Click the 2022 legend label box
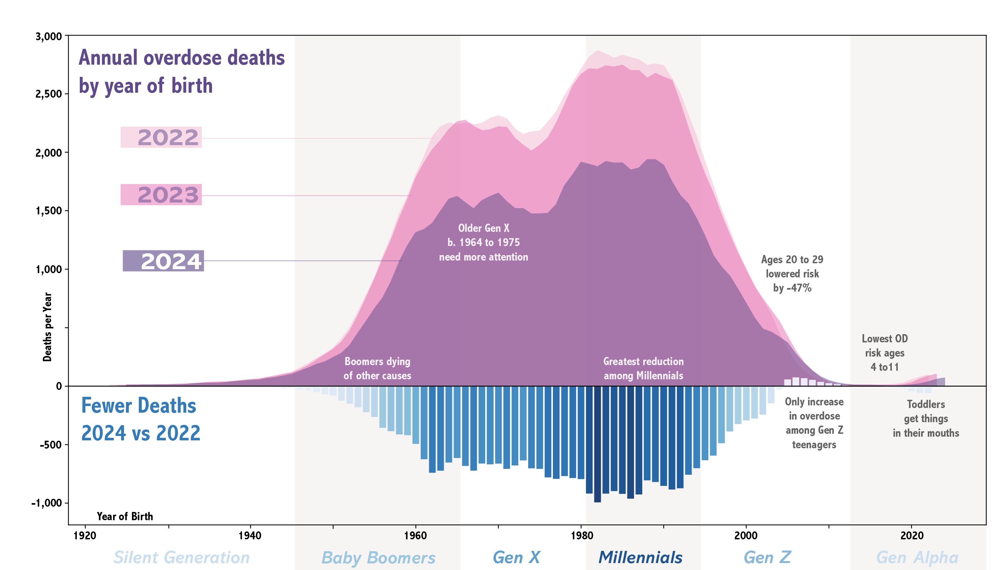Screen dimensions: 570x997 161,138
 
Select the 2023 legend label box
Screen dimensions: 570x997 161,195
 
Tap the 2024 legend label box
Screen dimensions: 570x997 163,261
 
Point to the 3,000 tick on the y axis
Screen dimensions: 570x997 49,36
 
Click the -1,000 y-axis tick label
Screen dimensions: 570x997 46,503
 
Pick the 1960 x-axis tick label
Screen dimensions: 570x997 415,536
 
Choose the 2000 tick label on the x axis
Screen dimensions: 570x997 746,536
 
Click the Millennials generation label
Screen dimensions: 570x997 640,557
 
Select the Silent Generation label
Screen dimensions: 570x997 182,557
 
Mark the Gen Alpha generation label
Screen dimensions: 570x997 917,557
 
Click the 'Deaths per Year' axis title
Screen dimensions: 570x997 47,327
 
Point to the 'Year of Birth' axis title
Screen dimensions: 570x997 125,517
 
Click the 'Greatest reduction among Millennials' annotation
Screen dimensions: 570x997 643,368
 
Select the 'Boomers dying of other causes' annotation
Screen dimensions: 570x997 377,368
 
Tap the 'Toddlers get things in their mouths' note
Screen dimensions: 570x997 926,419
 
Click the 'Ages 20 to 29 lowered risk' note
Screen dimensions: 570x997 792,274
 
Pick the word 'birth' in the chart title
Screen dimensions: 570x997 192,85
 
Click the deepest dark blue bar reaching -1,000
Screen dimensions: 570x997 597,444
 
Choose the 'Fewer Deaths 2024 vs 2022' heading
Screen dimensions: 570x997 140,419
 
